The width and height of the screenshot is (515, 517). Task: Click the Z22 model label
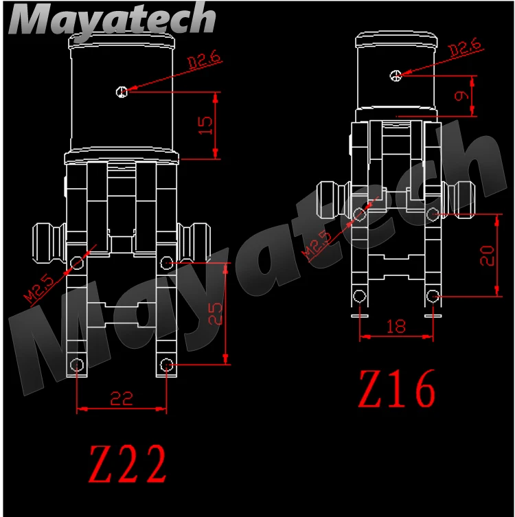click(x=128, y=464)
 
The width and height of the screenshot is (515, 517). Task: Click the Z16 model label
click(x=397, y=388)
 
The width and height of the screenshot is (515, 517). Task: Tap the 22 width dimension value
click(x=122, y=398)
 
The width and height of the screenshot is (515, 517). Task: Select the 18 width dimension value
click(x=396, y=326)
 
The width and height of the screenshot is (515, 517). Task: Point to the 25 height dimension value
click(x=216, y=314)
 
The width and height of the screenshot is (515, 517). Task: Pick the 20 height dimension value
click(x=487, y=255)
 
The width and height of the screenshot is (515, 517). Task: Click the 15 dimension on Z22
click(x=205, y=125)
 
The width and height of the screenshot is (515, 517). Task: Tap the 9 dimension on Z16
click(x=461, y=95)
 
